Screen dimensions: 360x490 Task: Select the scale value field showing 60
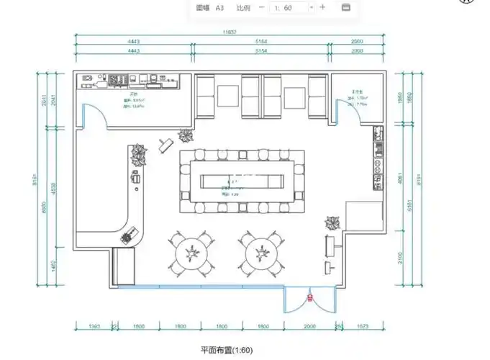pos(288,7)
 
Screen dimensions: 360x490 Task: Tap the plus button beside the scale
pos(323,7)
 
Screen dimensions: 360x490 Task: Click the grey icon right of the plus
pos(345,7)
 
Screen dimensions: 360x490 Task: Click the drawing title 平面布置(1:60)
pos(227,351)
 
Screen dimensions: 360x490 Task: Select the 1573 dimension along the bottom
pos(362,326)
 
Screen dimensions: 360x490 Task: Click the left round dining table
pos(191,253)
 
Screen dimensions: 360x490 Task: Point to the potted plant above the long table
pos(186,135)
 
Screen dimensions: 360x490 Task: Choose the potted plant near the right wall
pos(332,222)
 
